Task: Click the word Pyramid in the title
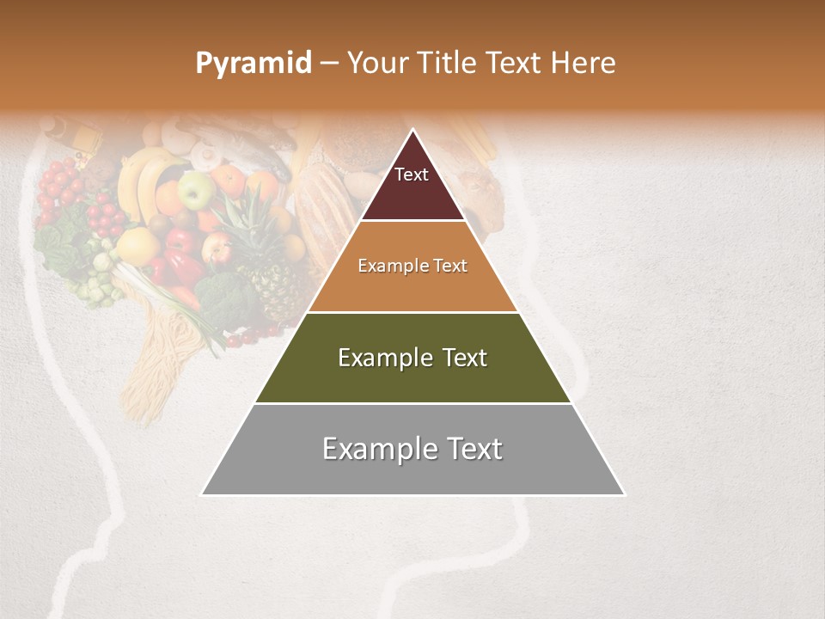(x=253, y=64)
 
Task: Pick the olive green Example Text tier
(x=412, y=358)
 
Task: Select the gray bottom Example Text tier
(x=412, y=450)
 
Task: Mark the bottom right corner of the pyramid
(x=624, y=494)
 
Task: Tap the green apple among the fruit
(x=196, y=191)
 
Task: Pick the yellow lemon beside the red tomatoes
(x=137, y=246)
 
